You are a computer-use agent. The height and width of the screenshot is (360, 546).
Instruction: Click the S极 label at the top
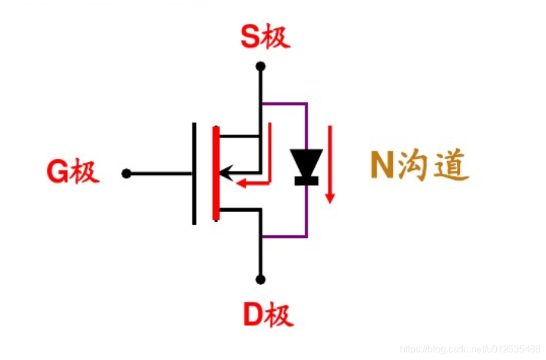(265, 38)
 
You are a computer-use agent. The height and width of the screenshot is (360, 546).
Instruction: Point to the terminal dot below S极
(260, 66)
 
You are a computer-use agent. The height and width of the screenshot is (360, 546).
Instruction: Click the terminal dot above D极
(260, 279)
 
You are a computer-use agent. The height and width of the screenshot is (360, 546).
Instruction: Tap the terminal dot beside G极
(126, 174)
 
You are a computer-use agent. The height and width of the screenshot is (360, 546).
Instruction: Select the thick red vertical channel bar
(216, 174)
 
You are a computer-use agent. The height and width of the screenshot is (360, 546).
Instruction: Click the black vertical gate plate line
(194, 174)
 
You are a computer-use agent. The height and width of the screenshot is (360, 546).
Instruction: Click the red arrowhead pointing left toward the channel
(242, 182)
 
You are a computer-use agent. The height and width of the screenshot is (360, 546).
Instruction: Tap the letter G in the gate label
(58, 173)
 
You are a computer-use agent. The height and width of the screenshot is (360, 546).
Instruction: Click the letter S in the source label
(250, 38)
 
